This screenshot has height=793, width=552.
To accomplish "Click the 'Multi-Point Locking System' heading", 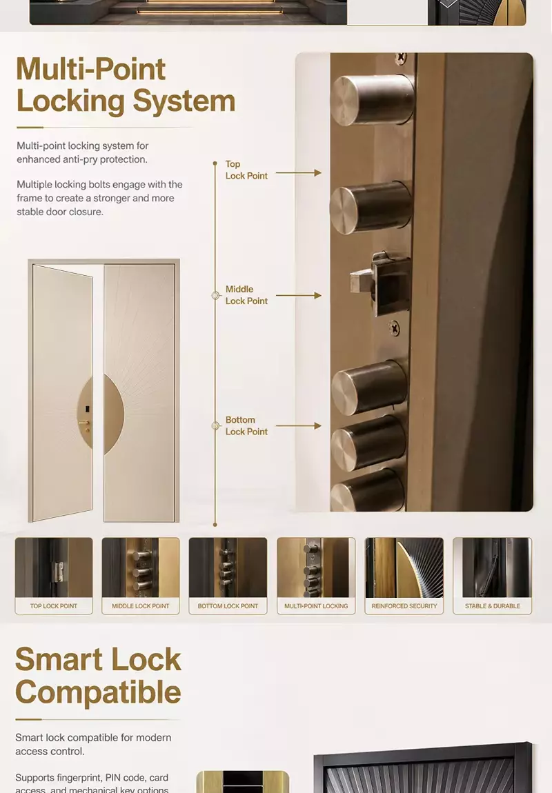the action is (x=126, y=85).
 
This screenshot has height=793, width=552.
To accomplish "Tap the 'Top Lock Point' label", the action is (x=246, y=170).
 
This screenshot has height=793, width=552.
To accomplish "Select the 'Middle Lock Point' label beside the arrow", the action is (x=246, y=295).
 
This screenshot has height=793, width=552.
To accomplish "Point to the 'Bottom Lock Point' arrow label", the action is (x=246, y=425).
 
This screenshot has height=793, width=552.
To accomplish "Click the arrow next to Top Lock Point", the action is (x=299, y=172).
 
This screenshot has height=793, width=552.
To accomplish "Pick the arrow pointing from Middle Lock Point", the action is (x=299, y=295).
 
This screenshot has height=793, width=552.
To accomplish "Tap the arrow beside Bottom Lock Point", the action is (x=299, y=426).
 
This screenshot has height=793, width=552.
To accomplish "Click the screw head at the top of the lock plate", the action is (x=400, y=57).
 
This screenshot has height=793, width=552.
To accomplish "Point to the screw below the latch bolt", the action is (x=394, y=328).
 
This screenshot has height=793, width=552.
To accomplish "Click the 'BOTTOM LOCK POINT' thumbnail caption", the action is (x=228, y=606).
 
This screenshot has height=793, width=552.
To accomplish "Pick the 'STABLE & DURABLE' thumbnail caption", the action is (x=492, y=606).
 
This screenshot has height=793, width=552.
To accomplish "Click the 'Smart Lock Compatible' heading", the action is (x=98, y=676).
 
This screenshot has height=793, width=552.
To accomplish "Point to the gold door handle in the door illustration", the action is (x=84, y=422).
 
